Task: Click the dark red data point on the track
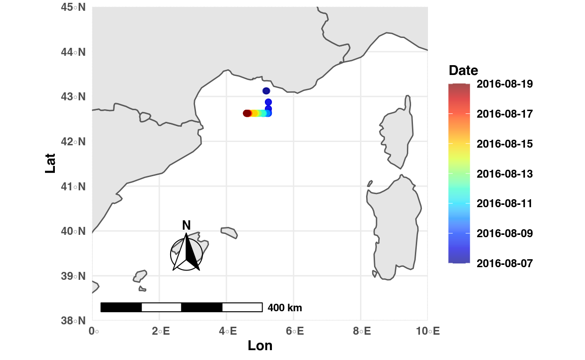coord(247,113)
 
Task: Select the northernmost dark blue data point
coord(266,91)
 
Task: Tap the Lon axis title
coord(260,346)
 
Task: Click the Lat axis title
coord(51,163)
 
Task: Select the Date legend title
coord(463,71)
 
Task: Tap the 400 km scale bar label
coord(285,308)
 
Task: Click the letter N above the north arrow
coord(186,225)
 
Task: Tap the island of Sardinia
coord(395,225)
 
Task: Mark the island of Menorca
coord(229,232)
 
